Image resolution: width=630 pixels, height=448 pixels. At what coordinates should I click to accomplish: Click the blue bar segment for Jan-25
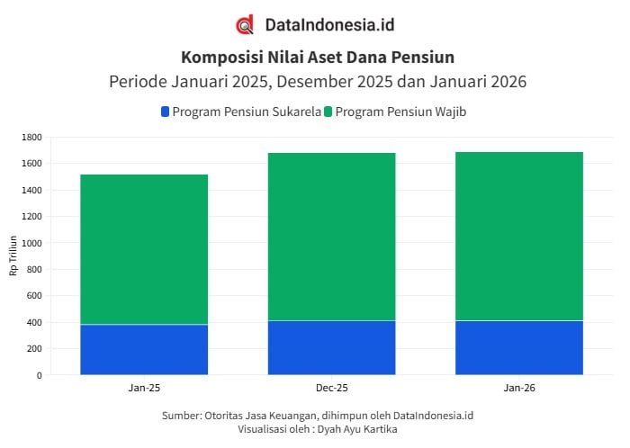tap(144, 349)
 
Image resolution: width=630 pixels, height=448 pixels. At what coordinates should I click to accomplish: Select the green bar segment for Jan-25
tap(144, 249)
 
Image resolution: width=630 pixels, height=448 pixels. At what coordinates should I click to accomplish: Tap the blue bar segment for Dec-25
tap(331, 347)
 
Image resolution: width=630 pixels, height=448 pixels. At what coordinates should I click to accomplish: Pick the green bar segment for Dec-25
tap(331, 237)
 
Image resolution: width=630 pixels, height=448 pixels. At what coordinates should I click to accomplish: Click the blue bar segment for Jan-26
tap(519, 347)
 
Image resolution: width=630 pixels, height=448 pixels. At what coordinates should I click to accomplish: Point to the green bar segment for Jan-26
tap(519, 236)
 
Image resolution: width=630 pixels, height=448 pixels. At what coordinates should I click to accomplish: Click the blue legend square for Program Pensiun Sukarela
tap(165, 112)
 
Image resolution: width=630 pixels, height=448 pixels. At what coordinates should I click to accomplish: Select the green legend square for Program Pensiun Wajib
tap(328, 112)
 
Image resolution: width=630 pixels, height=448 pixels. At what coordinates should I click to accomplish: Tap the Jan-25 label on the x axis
tap(144, 388)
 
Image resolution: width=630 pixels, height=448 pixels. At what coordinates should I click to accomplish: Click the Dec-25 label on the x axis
tap(331, 388)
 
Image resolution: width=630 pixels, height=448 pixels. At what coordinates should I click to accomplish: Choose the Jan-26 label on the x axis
tap(519, 388)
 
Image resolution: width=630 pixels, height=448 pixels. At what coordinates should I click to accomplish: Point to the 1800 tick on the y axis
tap(32, 137)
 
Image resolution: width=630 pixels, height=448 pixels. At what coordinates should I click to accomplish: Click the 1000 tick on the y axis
tap(32, 243)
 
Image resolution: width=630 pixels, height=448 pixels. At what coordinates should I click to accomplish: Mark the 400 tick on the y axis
tap(34, 322)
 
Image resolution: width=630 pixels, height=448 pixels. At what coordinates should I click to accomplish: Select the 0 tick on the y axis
tap(40, 375)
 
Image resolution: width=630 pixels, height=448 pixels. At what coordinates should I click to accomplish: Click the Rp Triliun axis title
tap(13, 255)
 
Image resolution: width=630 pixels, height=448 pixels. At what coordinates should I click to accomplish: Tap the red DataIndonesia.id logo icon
tap(244, 25)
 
